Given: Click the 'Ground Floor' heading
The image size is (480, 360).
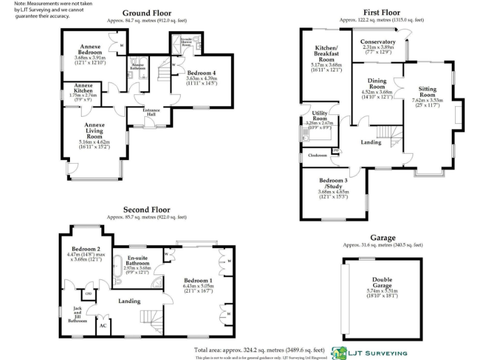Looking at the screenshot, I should click(x=146, y=12).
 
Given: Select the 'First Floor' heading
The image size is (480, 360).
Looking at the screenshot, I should click(x=381, y=12).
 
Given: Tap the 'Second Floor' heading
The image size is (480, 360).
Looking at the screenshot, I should click(x=146, y=209).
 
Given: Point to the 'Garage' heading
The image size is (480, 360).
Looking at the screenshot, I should click(x=382, y=237).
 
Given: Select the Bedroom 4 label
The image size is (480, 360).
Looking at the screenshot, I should click(x=201, y=72).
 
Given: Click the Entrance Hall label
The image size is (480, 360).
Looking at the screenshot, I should click(x=152, y=112).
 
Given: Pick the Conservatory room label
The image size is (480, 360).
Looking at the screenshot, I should click(x=378, y=42).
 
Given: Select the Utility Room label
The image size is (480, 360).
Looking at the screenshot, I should click(x=319, y=116).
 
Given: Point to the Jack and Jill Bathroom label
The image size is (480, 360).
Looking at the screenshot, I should click(x=77, y=314).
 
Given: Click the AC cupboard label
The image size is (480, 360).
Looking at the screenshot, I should click(x=102, y=325).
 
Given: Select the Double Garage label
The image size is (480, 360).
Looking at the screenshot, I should click(x=382, y=282).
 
